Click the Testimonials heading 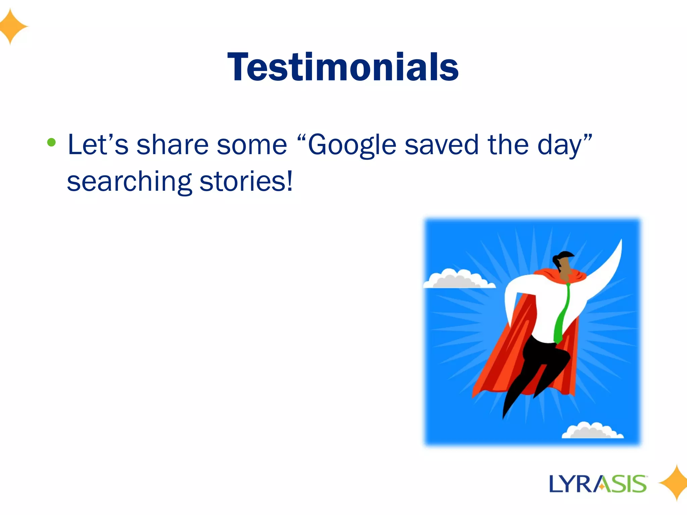coord(343,67)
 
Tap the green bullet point coord(51,142)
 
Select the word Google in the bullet coord(352,145)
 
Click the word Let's coord(98,145)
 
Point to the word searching coord(129,182)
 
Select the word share coord(172,145)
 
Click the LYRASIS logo coord(598,484)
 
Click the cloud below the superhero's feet coord(592,431)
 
